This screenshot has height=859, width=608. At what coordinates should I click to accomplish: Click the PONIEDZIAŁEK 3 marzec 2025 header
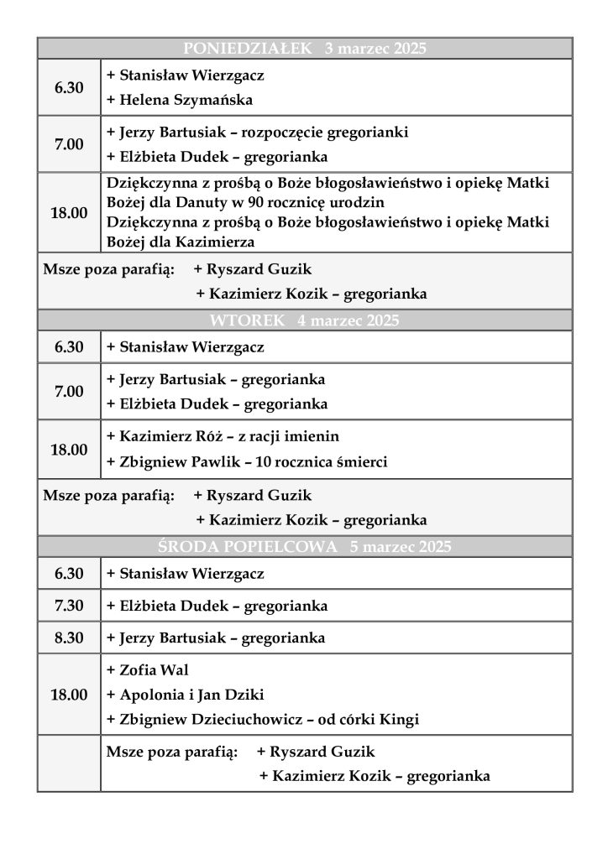point(304,48)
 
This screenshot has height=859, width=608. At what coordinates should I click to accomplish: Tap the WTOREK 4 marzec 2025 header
point(304,320)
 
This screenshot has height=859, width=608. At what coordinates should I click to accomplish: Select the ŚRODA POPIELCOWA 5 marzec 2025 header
point(304,547)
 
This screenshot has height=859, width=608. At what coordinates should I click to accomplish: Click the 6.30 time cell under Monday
point(69,87)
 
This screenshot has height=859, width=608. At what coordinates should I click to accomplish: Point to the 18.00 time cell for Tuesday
point(69,450)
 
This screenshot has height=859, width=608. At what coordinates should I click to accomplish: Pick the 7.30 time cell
point(69,606)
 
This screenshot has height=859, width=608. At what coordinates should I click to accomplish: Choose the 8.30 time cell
point(69,638)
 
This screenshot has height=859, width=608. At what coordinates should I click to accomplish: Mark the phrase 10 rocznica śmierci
point(320,461)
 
